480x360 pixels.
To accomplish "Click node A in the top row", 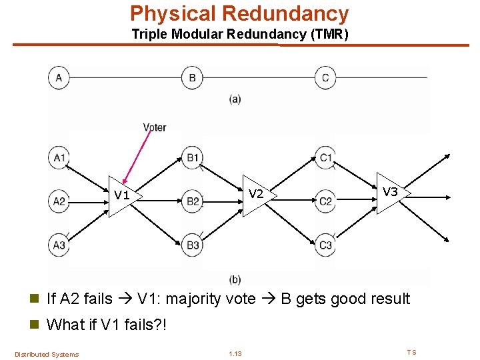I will [x=59, y=78].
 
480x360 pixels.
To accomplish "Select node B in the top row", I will [x=192, y=78].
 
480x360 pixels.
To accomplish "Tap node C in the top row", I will [x=325, y=78].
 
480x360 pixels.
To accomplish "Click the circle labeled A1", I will [x=59, y=158].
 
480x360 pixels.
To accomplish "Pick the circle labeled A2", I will [x=59, y=201].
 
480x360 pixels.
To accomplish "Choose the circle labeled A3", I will [x=59, y=245].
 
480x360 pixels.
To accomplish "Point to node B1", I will [x=192, y=158].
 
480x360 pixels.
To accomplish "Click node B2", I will [x=192, y=201].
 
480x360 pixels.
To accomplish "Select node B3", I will [x=192, y=245].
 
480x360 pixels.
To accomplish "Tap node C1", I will [x=325, y=158].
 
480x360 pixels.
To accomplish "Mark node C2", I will [x=325, y=201].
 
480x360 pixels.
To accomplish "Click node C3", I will [x=325, y=245].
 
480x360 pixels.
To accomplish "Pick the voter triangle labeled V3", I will [x=390, y=193].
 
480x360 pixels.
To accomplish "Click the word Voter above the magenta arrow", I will [x=154, y=127].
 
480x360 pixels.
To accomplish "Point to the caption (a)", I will [x=235, y=99].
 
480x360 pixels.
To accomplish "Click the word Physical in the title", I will [x=173, y=13].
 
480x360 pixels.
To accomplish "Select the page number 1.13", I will [x=235, y=354].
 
